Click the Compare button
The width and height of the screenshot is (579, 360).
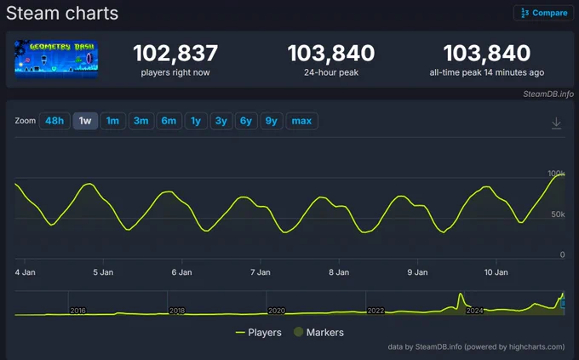point(543,13)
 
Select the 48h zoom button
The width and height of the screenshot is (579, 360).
point(54,121)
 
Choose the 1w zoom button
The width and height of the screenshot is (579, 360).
point(85,121)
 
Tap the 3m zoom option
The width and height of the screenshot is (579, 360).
point(141,121)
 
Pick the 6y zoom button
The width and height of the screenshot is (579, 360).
point(246,121)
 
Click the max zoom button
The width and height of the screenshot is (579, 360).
point(301,121)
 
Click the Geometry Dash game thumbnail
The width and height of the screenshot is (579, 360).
point(56,59)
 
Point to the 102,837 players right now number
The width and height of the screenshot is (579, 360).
point(175,53)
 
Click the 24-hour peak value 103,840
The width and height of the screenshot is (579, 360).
point(331,53)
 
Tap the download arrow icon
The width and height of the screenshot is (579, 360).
point(557,123)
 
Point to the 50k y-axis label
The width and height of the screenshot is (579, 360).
point(558,214)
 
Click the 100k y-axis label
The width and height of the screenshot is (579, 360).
point(556,173)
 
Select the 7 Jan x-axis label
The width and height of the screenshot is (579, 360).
point(261,272)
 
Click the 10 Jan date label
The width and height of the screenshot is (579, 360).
point(496,272)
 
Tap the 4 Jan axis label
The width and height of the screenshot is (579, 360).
point(25,272)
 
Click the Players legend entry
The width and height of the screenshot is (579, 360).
point(259,332)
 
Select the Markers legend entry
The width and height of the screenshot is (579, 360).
point(318,332)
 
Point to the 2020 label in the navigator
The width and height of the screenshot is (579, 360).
point(276,311)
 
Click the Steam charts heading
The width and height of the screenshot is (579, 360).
point(62,14)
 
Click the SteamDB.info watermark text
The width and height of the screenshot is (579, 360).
point(548,94)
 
